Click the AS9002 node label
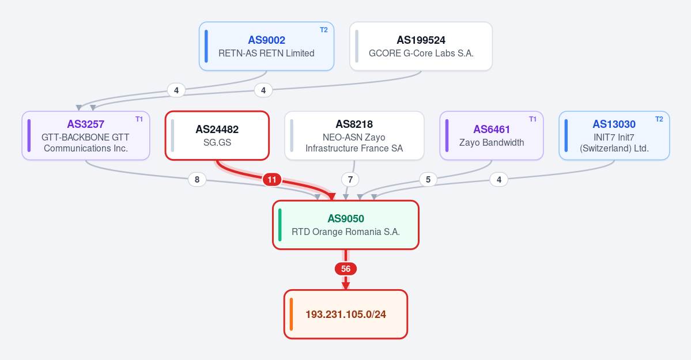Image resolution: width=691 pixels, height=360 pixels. (267, 40)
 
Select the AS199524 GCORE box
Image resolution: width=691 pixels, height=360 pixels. (421, 46)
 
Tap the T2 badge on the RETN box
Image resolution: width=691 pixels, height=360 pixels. (324, 30)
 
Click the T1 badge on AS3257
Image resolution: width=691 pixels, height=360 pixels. (139, 119)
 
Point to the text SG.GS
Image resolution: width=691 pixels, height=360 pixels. (217, 142)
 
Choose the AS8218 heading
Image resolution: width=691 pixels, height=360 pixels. (354, 124)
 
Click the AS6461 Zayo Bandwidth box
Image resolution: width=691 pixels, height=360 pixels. (492, 135)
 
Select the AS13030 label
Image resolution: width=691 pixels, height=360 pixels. (614, 124)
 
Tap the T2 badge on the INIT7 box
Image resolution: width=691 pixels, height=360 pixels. (659, 119)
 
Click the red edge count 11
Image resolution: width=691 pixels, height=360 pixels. (272, 179)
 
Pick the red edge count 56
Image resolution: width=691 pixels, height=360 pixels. (346, 269)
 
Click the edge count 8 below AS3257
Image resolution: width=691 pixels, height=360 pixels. (197, 179)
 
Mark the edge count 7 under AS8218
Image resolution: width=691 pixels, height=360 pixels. (350, 179)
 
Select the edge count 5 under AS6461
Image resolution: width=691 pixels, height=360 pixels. (428, 179)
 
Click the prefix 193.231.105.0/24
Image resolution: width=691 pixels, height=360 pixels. (346, 314)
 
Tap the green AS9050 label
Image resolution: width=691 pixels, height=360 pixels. (346, 218)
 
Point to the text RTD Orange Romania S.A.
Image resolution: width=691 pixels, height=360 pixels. (346, 232)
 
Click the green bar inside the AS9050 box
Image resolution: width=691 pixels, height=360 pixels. (280, 225)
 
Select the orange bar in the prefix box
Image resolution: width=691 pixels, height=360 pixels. (292, 314)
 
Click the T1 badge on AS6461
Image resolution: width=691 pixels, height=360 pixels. (533, 119)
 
